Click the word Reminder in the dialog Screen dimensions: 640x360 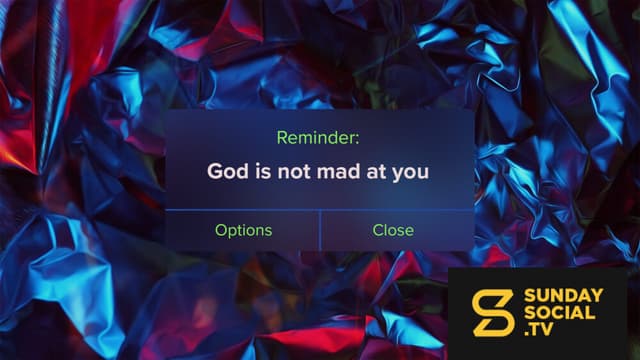316,138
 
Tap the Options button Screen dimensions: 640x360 243,231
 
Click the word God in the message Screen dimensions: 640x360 227,171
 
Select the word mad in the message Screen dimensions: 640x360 340,171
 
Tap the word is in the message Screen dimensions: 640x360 263,171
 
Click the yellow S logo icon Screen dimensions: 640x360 493,313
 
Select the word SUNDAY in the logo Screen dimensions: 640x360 563,296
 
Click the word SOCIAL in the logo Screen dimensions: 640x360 559,313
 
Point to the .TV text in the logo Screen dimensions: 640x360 538,329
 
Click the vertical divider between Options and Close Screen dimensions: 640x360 320,230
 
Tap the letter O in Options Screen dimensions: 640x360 221,230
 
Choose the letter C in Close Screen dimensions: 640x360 378,230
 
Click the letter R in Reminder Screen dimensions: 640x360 282,138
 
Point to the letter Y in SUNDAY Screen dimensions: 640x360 596,296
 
